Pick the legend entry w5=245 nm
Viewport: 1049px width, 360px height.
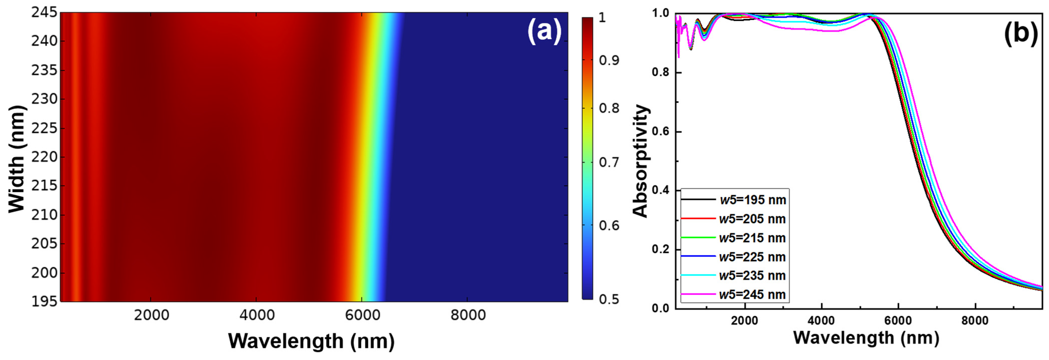click(752, 294)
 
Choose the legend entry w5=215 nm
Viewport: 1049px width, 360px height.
click(752, 238)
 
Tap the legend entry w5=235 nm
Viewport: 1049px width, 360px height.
click(752, 276)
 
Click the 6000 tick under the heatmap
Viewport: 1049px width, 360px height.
click(362, 315)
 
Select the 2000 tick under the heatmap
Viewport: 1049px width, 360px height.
click(151, 315)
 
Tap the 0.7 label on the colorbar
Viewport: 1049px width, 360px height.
click(609, 162)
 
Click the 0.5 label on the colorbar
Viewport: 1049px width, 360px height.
click(609, 299)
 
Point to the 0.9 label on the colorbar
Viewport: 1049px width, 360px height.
click(609, 60)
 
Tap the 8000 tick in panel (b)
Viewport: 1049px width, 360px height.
click(975, 321)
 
